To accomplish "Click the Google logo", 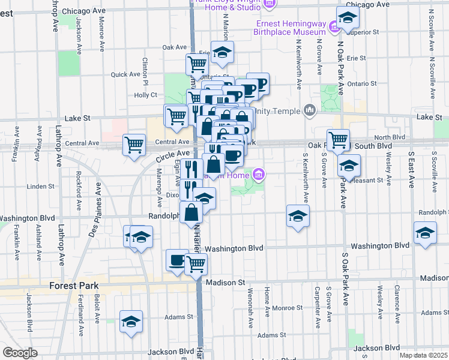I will [20, 353].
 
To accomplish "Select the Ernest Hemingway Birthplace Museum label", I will [291, 28].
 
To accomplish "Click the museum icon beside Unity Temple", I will [310, 110].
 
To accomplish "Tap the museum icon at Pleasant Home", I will [259, 175].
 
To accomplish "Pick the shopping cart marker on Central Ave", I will [133, 144].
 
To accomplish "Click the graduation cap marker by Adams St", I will [131, 322].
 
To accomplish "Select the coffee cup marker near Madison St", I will [176, 260].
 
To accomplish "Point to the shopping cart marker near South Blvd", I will [338, 140].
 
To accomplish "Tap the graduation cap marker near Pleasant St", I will [349, 165].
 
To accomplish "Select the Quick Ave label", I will [125, 74].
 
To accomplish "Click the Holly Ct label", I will [145, 95].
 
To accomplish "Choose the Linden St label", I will [41, 186].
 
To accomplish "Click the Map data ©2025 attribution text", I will [423, 355].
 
